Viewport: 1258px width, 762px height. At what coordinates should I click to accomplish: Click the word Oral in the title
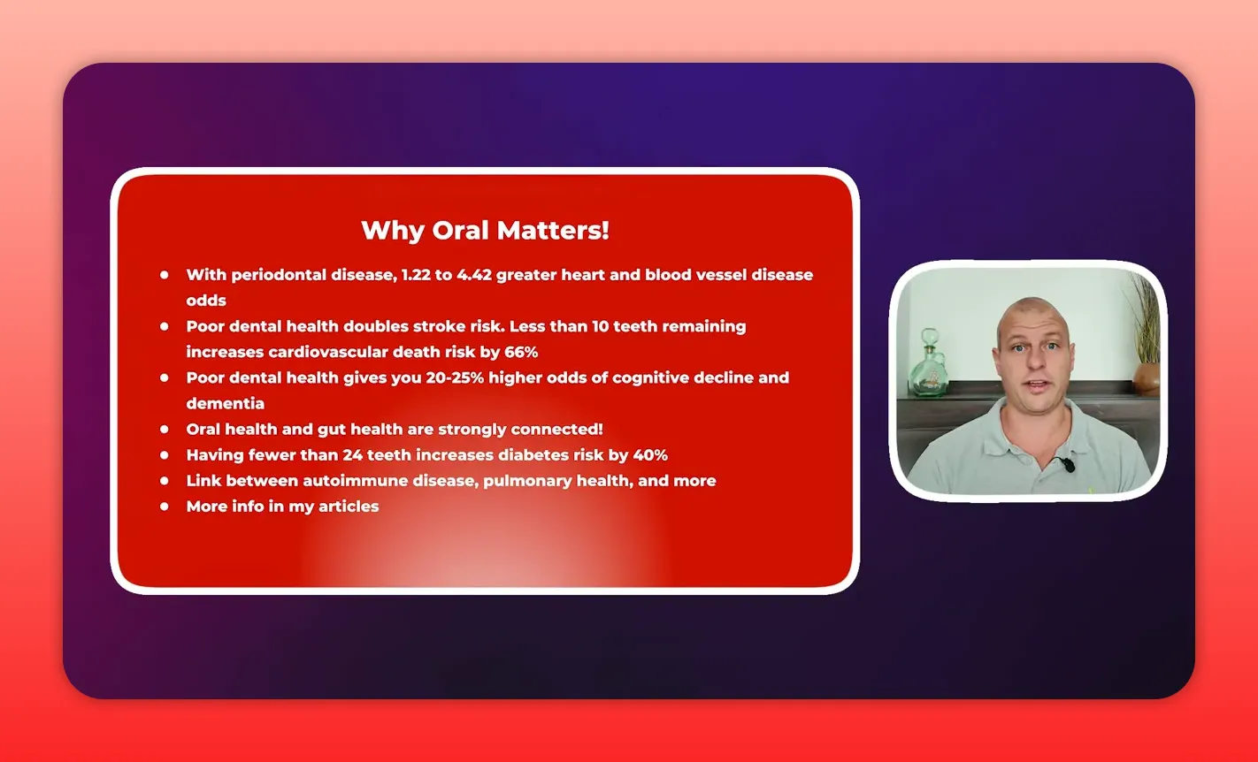coord(461,231)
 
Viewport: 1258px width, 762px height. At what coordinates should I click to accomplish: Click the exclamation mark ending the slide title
coord(605,231)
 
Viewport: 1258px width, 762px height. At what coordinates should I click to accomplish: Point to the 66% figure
coord(521,352)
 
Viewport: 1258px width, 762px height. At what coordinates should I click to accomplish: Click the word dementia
coord(225,403)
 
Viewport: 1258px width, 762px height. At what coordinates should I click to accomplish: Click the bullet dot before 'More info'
coord(165,507)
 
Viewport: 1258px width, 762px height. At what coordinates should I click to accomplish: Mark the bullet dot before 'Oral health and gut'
coord(165,429)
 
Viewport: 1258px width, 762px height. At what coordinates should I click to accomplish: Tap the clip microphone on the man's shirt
coord(1069,463)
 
